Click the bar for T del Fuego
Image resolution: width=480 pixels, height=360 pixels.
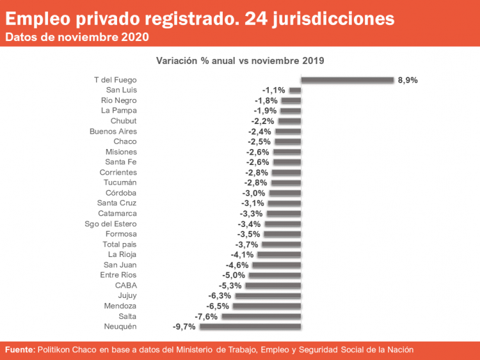(347, 80)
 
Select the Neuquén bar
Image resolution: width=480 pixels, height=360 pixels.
(250, 327)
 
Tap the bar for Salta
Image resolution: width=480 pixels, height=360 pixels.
(261, 317)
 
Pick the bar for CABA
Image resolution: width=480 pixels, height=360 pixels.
(273, 285)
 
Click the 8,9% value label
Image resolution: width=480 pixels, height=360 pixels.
(408, 80)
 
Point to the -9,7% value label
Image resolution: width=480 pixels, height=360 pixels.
(184, 327)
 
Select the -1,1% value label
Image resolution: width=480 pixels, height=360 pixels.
(274, 90)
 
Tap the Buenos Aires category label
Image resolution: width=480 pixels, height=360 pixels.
(113, 131)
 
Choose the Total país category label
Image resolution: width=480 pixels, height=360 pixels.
(120, 244)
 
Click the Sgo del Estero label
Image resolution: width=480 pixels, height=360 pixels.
(111, 224)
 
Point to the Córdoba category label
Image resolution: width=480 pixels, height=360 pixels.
(121, 193)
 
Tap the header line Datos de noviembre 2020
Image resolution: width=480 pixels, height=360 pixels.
(77, 37)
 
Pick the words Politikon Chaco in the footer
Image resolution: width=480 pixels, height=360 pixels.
(68, 350)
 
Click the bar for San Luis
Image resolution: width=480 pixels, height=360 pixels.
(295, 90)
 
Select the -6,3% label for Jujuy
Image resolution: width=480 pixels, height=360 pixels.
(220, 296)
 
